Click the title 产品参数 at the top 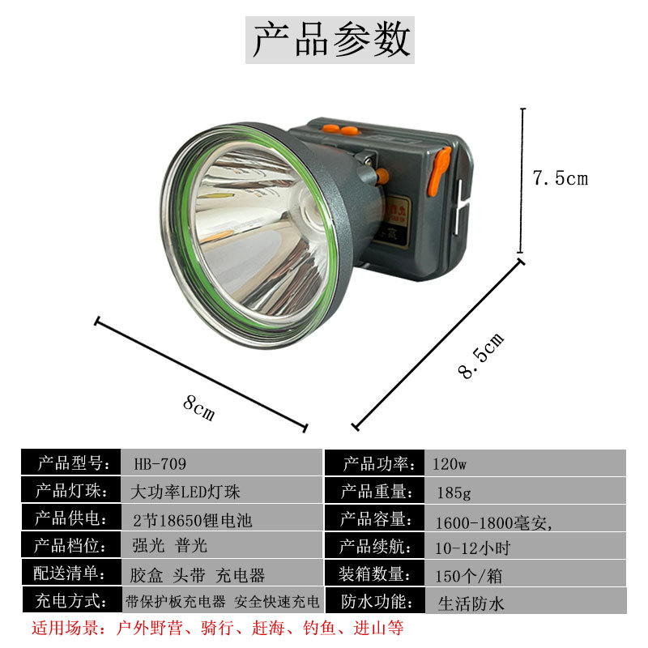click(330, 40)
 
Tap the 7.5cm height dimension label click(560, 178)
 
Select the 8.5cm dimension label click(481, 356)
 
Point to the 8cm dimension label click(199, 408)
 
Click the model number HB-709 click(160, 463)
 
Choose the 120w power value click(450, 464)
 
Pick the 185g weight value click(454, 492)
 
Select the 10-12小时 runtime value click(472, 548)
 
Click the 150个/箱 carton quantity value click(469, 576)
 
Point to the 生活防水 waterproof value click(471, 603)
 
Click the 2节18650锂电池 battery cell click(192, 520)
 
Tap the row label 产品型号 click(74, 463)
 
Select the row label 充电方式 click(71, 601)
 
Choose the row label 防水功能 click(377, 602)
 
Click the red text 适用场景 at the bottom click(66, 628)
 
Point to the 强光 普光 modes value click(169, 546)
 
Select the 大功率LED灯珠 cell click(185, 492)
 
